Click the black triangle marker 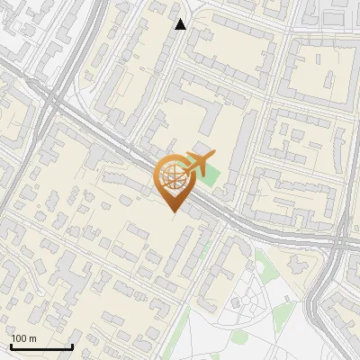coord(181,24)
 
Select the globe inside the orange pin coord(174,178)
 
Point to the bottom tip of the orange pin coord(174,213)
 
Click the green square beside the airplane coord(207,175)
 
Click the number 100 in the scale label coord(20,339)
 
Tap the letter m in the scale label coord(32,339)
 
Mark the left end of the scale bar coord(11,346)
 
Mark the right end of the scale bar coord(72,346)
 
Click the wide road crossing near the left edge coord(52,103)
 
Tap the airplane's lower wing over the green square coord(201,171)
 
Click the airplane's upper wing coord(195,157)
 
